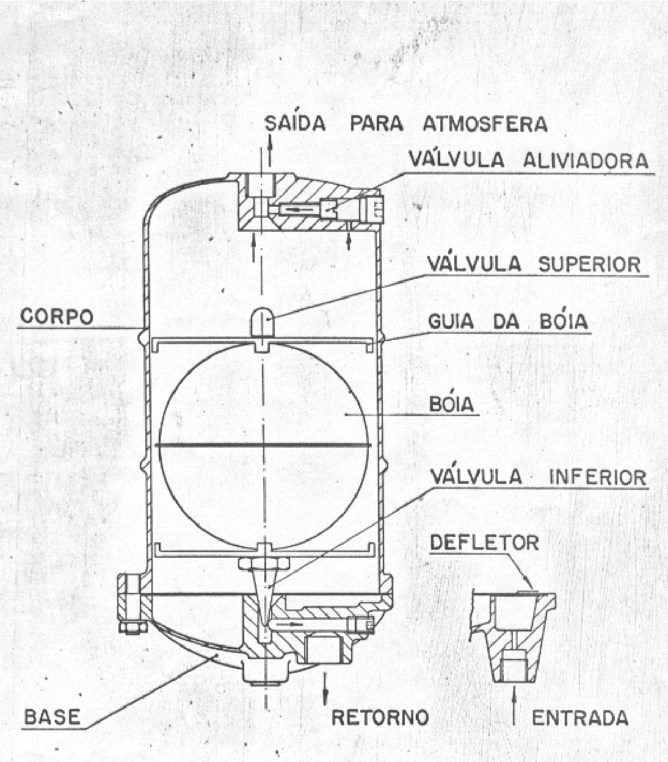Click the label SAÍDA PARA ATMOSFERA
click(406, 124)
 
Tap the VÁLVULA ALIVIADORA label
click(529, 159)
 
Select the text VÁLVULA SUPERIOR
click(534, 264)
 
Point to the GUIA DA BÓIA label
click(507, 321)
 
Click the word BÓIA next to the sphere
click(451, 404)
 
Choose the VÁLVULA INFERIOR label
click(539, 476)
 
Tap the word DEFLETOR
click(485, 542)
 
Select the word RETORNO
click(380, 717)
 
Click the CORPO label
click(57, 316)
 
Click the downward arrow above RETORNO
click(325, 688)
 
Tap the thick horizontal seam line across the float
click(263, 445)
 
